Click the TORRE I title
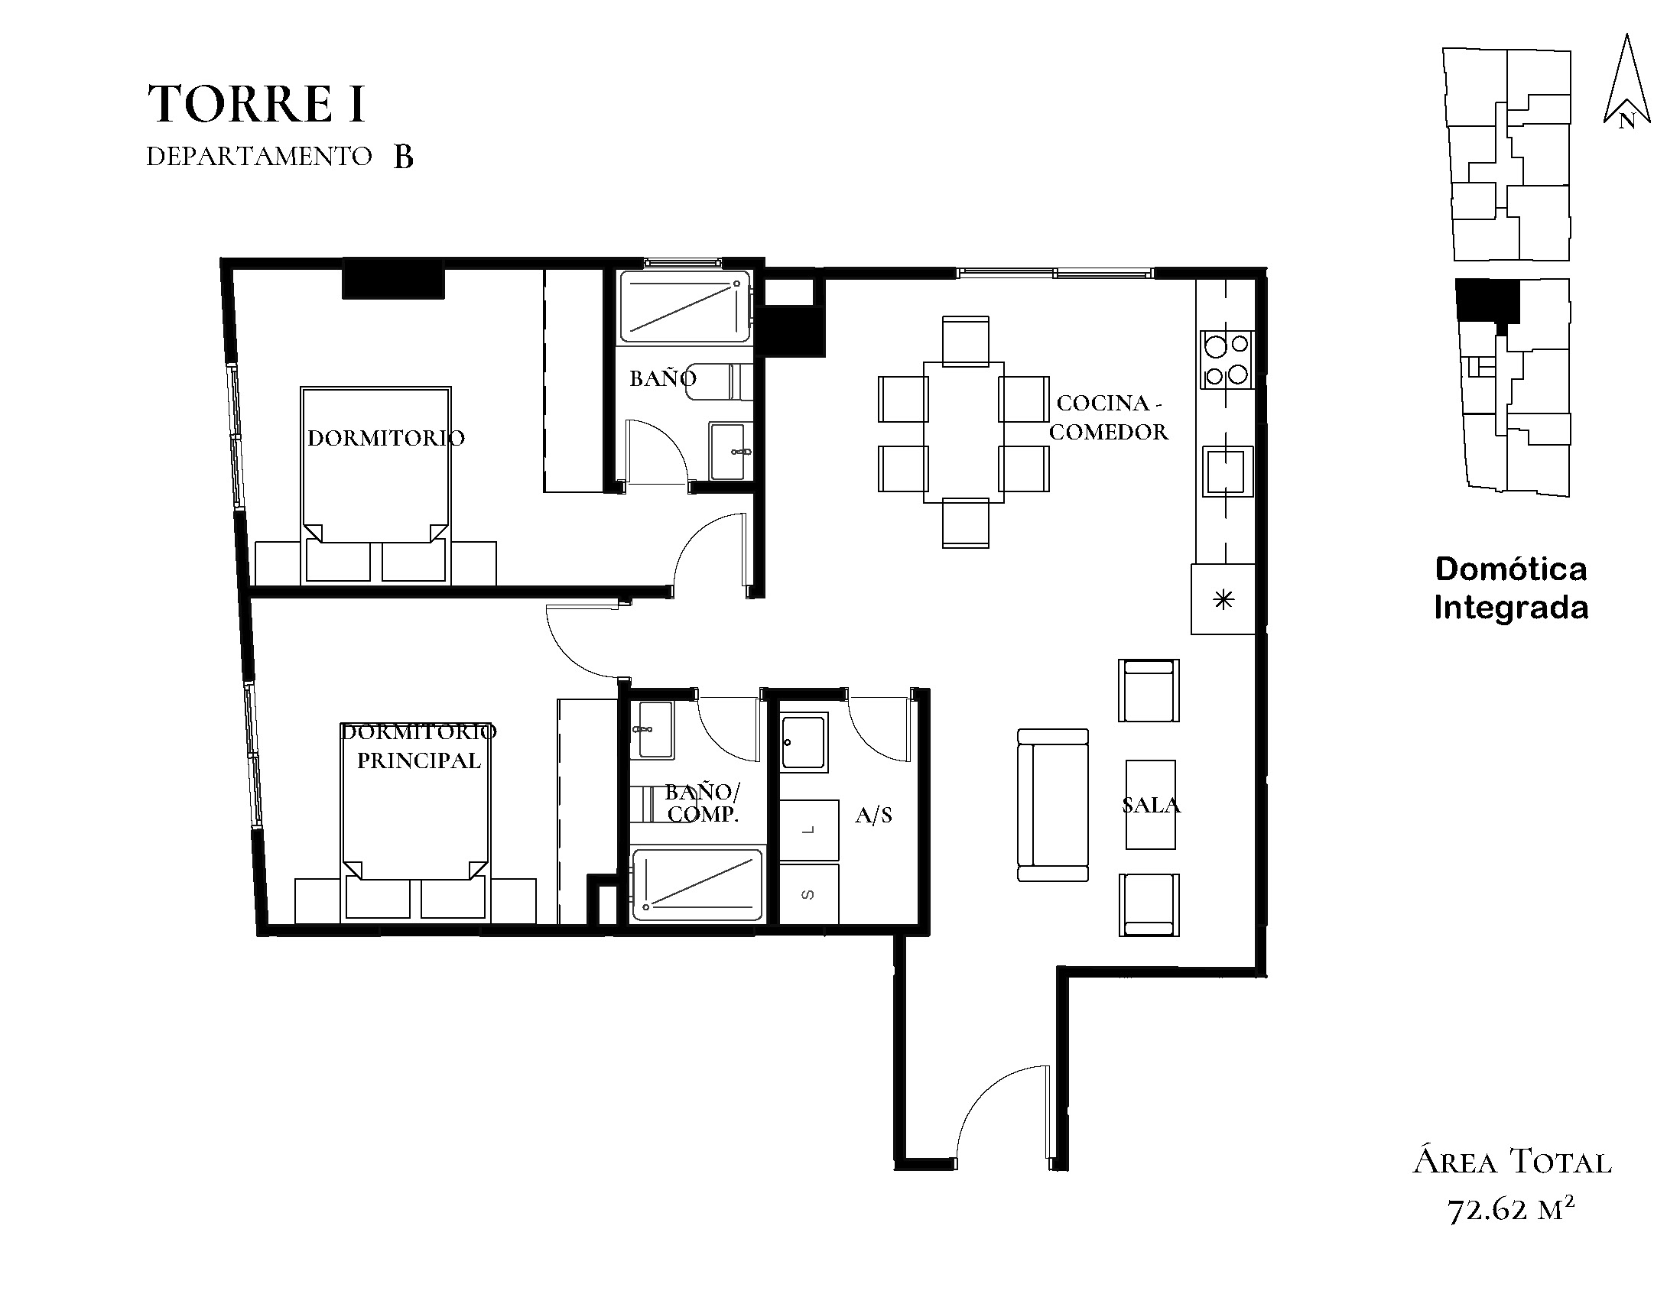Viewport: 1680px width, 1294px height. [256, 104]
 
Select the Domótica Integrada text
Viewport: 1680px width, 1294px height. [1511, 589]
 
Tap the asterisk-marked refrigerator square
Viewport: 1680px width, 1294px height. [1223, 599]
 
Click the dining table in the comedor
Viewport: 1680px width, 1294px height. [963, 432]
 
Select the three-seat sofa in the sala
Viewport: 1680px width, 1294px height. [1053, 805]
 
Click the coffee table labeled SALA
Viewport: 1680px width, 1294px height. [1151, 805]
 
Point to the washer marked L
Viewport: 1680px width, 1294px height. [809, 830]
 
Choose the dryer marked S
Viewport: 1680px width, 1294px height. [809, 894]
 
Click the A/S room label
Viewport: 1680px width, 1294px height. [874, 816]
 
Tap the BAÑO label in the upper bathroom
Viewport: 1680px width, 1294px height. [663, 378]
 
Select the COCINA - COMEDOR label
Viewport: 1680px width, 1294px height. [1109, 417]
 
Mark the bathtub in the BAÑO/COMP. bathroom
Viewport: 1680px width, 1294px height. [697, 884]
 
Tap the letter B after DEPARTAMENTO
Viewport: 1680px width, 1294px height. [404, 157]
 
